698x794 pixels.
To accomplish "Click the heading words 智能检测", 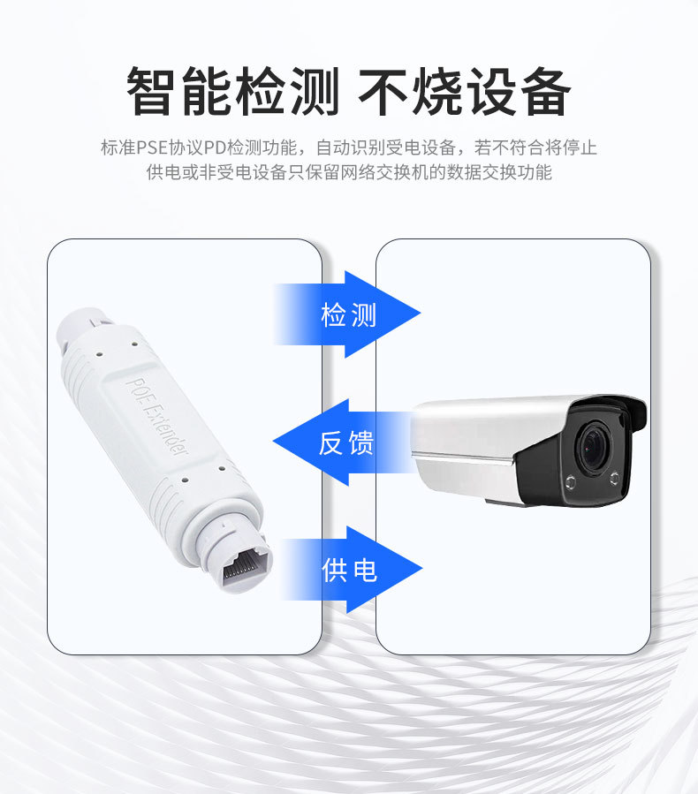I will pos(233,92).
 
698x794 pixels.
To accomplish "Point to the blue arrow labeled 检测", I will pos(348,314).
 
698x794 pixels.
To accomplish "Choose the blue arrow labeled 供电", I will pos(350,570).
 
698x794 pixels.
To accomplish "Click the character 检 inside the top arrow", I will pos(333,314).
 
